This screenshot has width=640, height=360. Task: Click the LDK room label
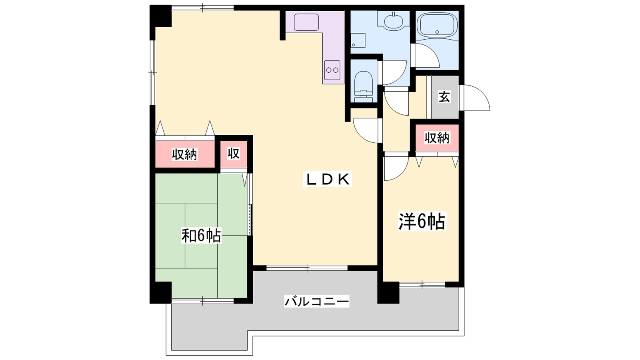327,179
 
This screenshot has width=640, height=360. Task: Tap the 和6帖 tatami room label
201,236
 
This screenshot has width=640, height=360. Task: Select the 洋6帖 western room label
422,221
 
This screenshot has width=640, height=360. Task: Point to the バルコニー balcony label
316,301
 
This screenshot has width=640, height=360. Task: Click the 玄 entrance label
444,96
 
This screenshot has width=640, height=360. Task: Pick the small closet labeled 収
234,154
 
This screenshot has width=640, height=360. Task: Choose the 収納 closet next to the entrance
437,138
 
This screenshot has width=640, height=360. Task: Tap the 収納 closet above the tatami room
184,154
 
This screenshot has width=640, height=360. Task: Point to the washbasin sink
394,20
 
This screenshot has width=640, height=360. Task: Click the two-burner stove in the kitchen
332,70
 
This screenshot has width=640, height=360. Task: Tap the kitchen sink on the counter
306,22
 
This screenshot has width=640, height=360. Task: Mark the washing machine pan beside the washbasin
358,40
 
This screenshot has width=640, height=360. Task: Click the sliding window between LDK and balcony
307,268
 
